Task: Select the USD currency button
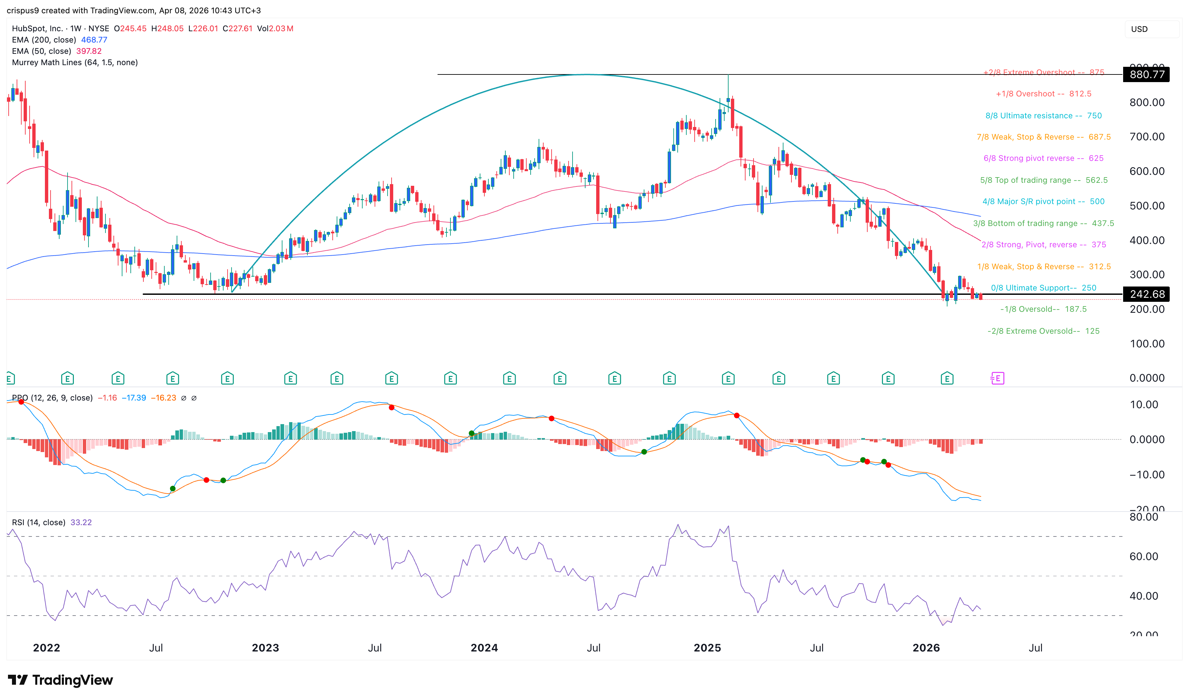click(x=1139, y=29)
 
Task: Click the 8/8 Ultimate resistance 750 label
click(x=1043, y=116)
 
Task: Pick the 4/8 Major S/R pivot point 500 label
click(x=1043, y=201)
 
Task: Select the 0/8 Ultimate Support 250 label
click(x=1043, y=288)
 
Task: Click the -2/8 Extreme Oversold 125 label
click(x=1043, y=331)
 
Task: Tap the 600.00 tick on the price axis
click(x=1146, y=171)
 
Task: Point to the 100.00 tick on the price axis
click(x=1146, y=344)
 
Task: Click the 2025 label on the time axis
click(x=707, y=647)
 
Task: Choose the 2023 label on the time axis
click(x=265, y=647)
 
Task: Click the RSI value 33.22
click(x=81, y=523)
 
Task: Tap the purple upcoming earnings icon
click(x=997, y=378)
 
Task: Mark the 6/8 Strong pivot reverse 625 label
click(x=1043, y=159)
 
